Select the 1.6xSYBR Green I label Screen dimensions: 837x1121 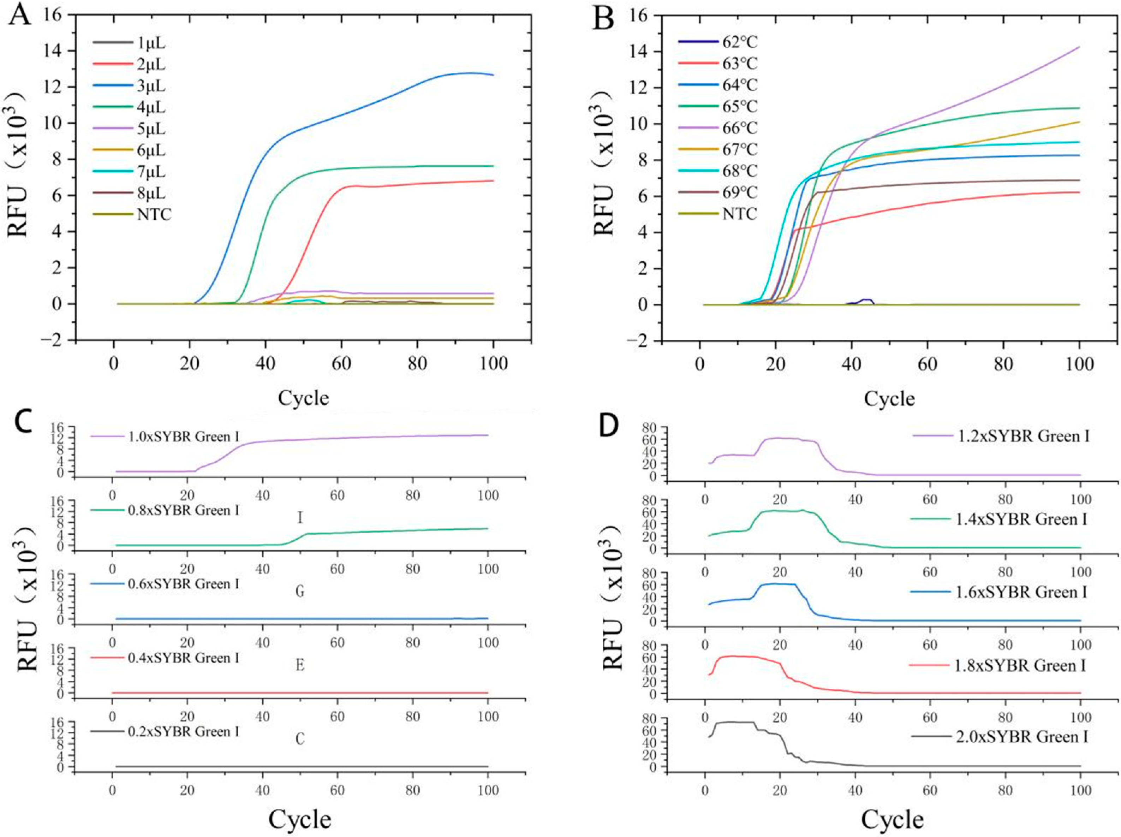pos(1021,592)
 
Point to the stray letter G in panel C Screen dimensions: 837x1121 pos(300,591)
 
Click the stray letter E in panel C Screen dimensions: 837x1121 pos(300,665)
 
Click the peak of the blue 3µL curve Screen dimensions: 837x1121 pos(470,73)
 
